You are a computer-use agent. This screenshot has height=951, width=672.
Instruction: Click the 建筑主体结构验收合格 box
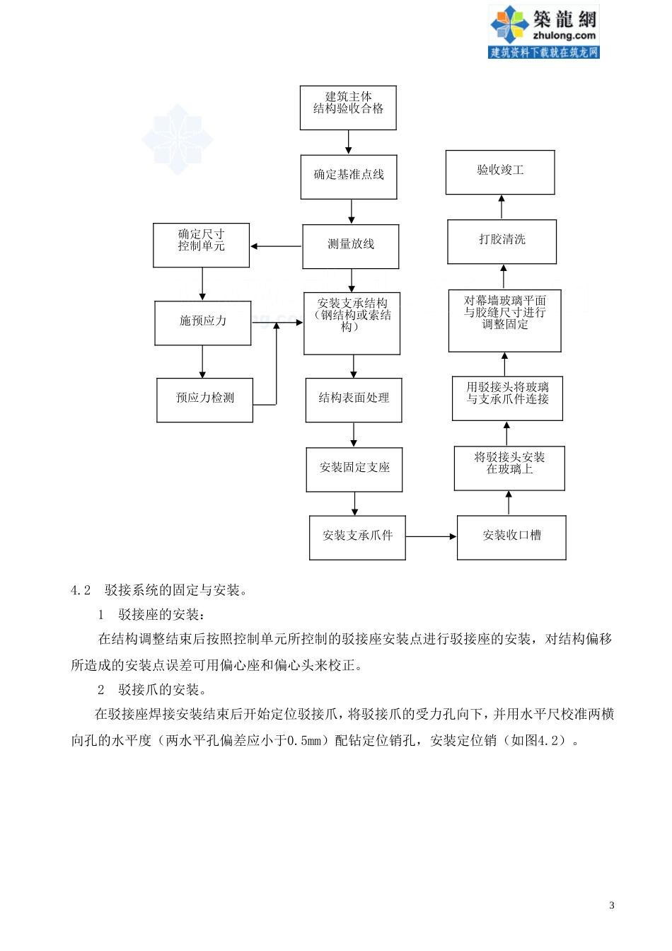tap(348, 108)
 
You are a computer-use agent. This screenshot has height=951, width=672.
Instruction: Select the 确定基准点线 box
tap(349, 177)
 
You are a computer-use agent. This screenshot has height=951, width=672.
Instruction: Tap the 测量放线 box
tap(351, 246)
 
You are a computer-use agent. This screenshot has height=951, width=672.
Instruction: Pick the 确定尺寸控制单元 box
tap(202, 245)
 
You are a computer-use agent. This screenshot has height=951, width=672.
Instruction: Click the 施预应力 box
tap(203, 323)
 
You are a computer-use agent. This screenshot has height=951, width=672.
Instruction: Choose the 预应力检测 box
tap(205, 400)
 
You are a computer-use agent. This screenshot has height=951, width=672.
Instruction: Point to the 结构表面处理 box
tap(354, 400)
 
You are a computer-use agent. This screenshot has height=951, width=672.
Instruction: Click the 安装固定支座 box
tap(354, 470)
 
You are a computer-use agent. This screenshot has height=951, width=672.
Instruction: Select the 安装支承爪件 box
tap(357, 538)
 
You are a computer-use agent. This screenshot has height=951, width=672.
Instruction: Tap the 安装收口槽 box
tap(511, 538)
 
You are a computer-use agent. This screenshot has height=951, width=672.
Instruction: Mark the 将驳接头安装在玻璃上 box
tap(509, 468)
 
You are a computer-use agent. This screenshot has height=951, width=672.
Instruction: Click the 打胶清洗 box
tap(502, 242)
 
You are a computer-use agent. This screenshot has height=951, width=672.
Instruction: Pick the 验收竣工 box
tap(500, 172)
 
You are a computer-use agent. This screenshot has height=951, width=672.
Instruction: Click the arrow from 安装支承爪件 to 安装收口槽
tap(431, 537)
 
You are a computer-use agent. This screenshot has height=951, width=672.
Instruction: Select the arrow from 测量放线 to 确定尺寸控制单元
tap(276, 246)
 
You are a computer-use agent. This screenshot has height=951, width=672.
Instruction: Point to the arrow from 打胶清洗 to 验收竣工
tap(502, 207)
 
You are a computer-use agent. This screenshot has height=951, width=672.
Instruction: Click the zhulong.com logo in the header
tap(543, 32)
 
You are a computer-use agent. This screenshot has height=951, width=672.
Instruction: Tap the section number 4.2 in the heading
tap(81, 591)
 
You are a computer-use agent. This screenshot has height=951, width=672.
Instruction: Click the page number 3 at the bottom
tap(612, 905)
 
